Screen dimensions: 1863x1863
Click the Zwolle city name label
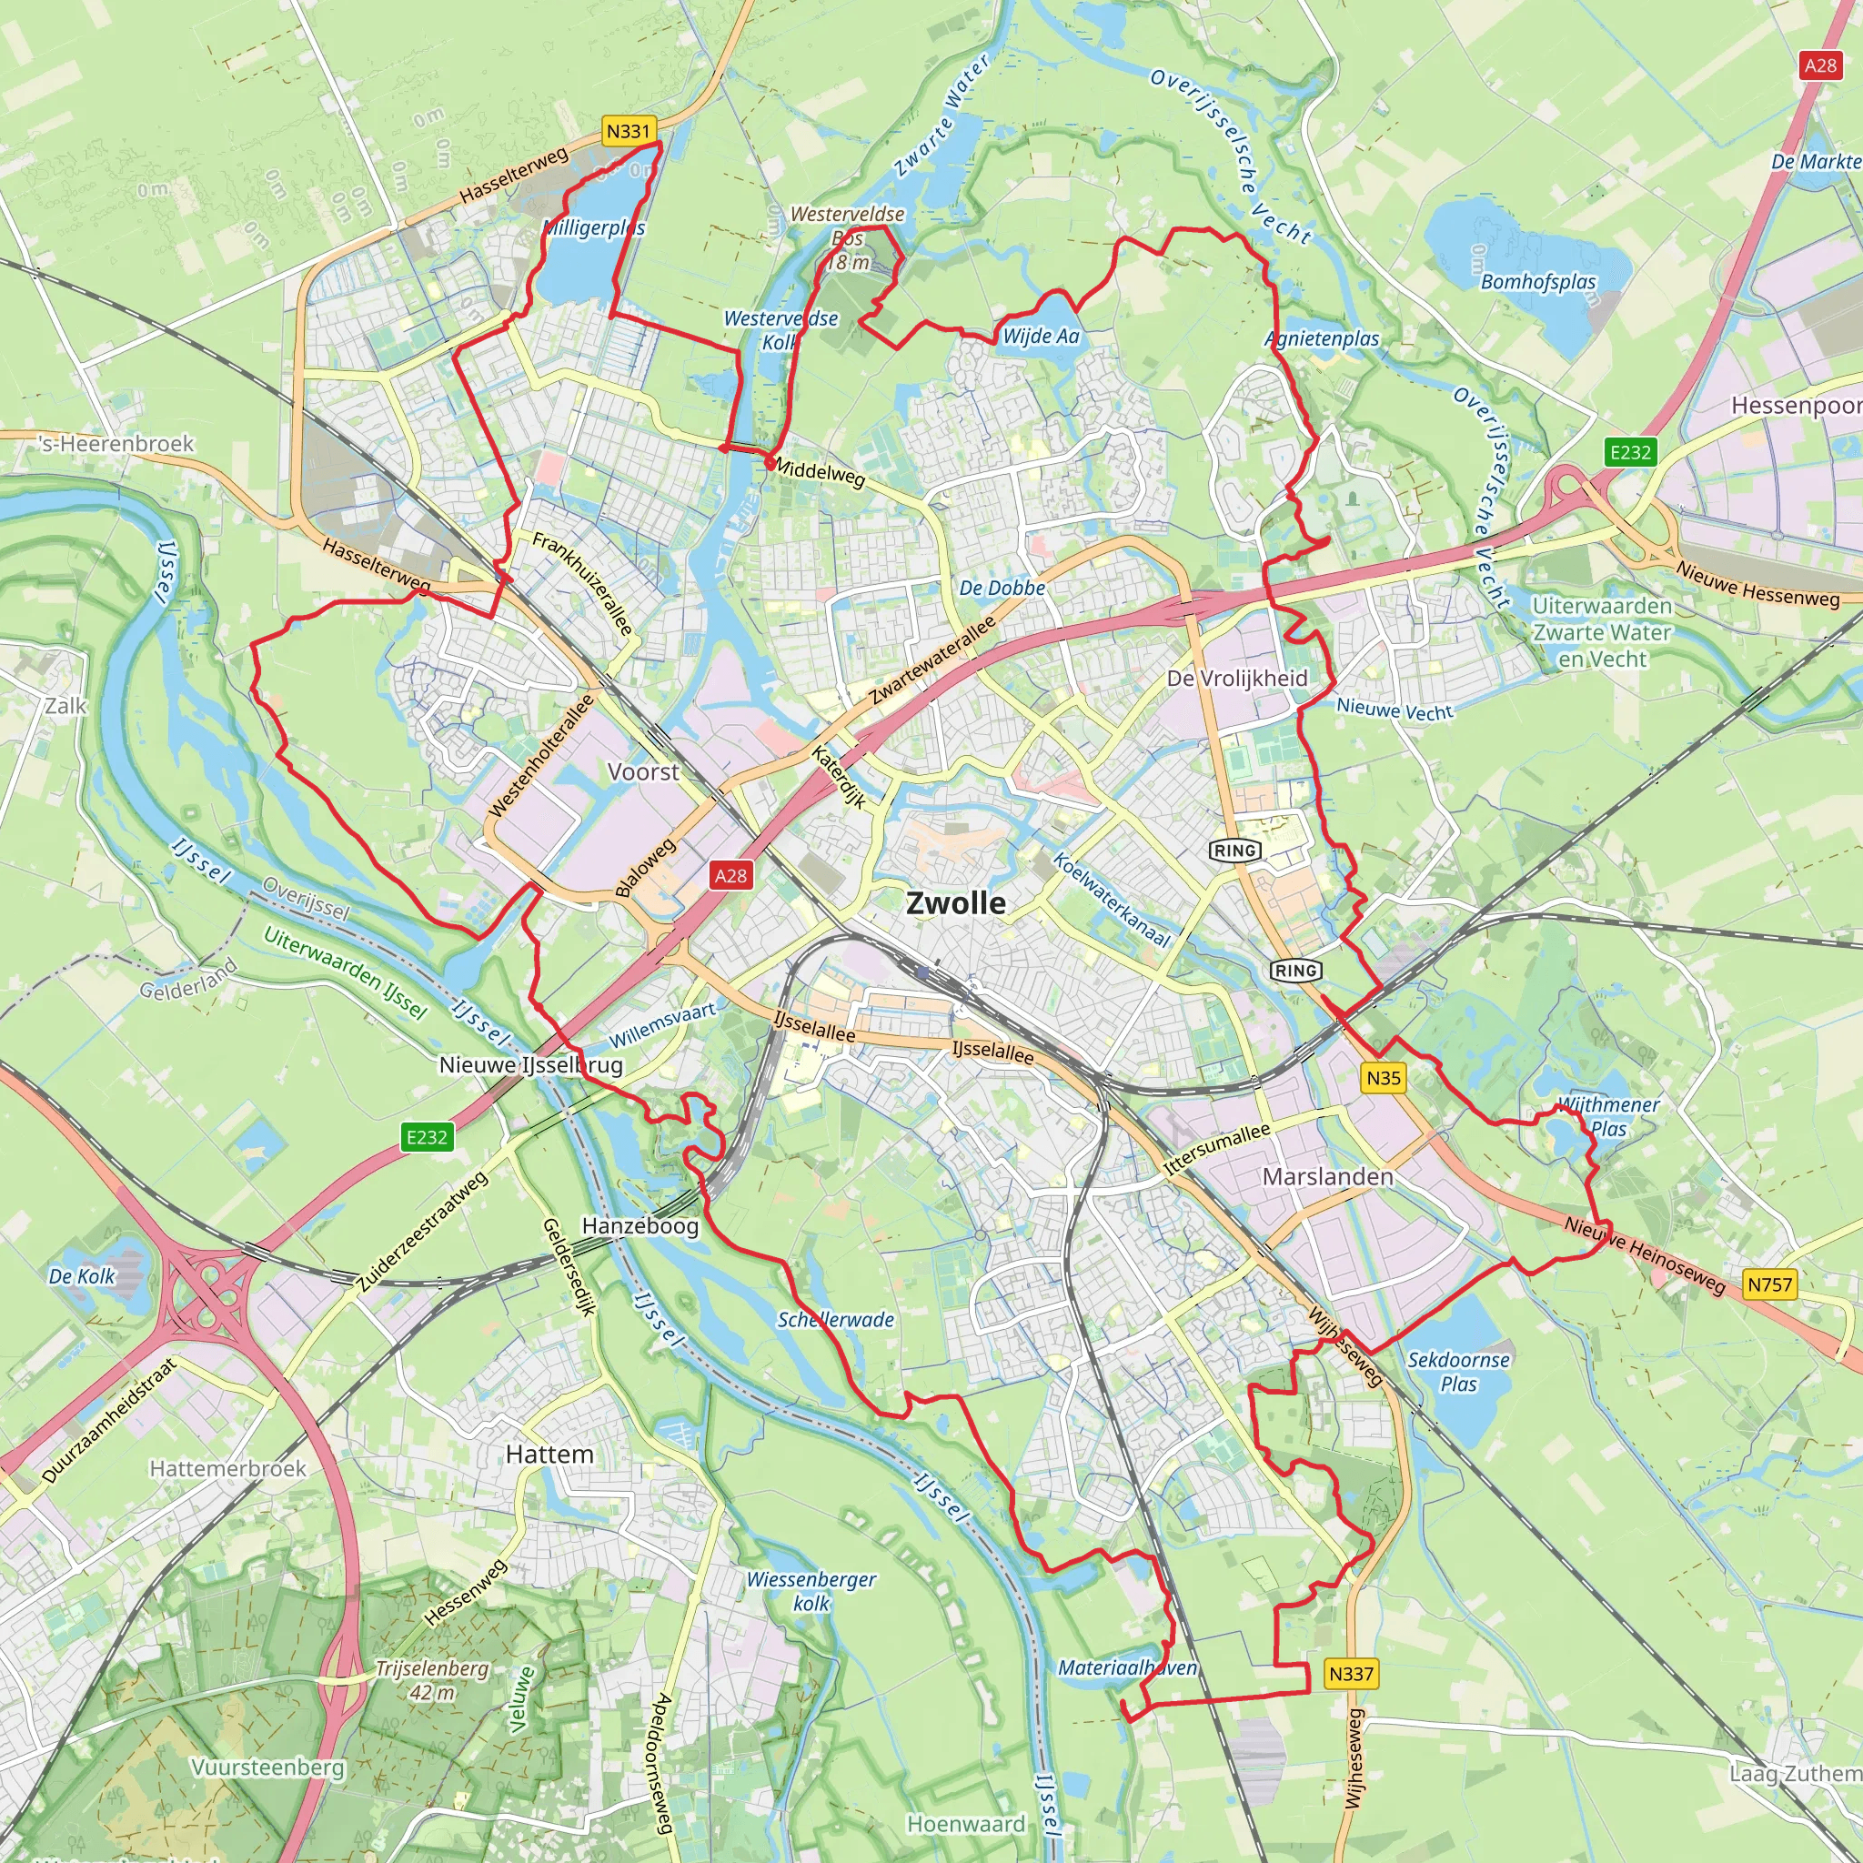coord(956,903)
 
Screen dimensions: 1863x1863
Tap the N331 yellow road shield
coord(629,131)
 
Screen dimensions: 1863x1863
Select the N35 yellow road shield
coord(1384,1078)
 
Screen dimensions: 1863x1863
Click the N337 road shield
coord(1350,1674)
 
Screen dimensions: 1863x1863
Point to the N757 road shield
coord(1769,1284)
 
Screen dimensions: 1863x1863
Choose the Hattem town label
coord(549,1455)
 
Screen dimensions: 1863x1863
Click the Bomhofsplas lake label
coord(1538,283)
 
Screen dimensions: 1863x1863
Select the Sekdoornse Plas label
coord(1458,1371)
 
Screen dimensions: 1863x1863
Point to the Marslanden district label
coord(1328,1176)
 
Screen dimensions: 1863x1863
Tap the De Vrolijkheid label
coord(1237,678)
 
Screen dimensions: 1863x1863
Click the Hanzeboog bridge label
coord(640,1225)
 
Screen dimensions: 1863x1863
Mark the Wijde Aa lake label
coord(1041,337)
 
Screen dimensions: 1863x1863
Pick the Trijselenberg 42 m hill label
coord(432,1680)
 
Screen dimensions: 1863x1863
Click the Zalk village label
coord(65,706)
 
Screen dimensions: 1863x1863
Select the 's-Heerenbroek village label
coord(116,444)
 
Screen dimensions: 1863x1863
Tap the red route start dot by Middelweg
coord(769,463)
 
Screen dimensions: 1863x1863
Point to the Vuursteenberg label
coord(267,1767)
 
